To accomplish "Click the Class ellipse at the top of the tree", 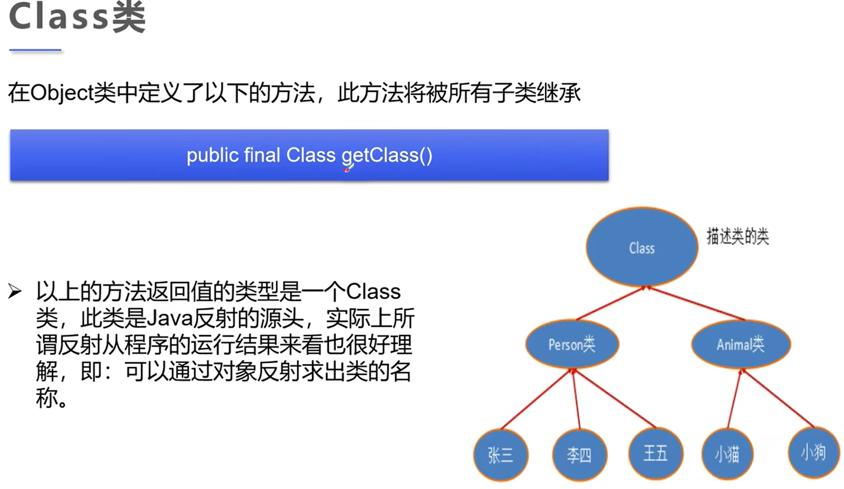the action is (x=641, y=248).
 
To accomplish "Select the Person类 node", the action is (x=572, y=344).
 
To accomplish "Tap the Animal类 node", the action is (x=741, y=344).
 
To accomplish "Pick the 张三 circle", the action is (x=500, y=455).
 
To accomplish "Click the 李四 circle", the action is (x=579, y=455).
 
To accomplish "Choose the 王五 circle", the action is (x=655, y=453).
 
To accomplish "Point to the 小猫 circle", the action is (x=727, y=454).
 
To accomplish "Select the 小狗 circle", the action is (x=813, y=452).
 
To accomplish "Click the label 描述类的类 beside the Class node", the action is (x=737, y=236).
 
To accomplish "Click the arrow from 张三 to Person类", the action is (x=536, y=399).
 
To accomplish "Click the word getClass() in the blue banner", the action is (x=387, y=156).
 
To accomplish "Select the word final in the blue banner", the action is (x=262, y=155).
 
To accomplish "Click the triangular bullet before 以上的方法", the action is (x=15, y=291).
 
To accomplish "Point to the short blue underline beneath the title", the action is (x=35, y=50).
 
